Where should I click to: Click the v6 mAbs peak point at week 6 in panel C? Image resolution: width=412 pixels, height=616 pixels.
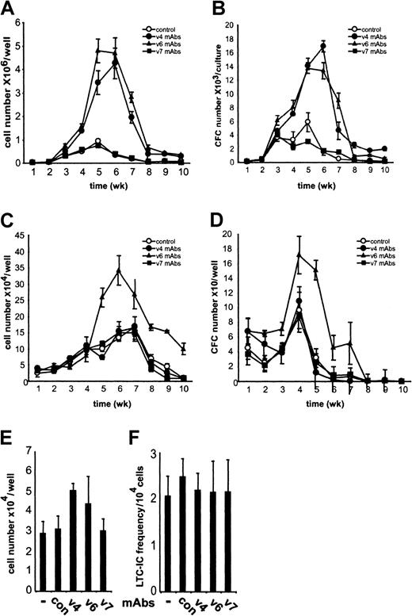(118, 270)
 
